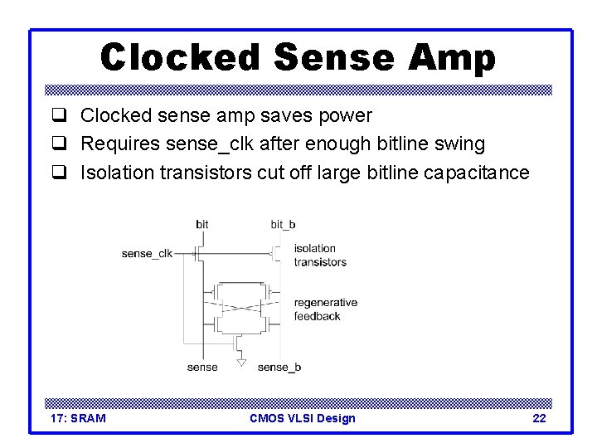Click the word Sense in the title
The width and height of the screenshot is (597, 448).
[x=334, y=57]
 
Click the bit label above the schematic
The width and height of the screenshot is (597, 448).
[x=202, y=224]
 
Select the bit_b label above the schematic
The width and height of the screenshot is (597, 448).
[x=283, y=224]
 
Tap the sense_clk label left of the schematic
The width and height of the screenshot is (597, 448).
[x=147, y=253]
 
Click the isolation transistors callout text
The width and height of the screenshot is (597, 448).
[x=320, y=255]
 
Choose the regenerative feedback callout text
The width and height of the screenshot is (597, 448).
[x=325, y=309]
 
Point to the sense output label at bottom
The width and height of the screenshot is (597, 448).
[x=202, y=367]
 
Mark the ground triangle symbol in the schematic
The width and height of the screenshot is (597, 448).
[x=240, y=362]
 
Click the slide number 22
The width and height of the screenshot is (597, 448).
[x=539, y=418]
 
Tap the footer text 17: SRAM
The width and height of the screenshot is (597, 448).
[x=78, y=418]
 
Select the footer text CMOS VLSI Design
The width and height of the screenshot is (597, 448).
[x=302, y=418]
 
